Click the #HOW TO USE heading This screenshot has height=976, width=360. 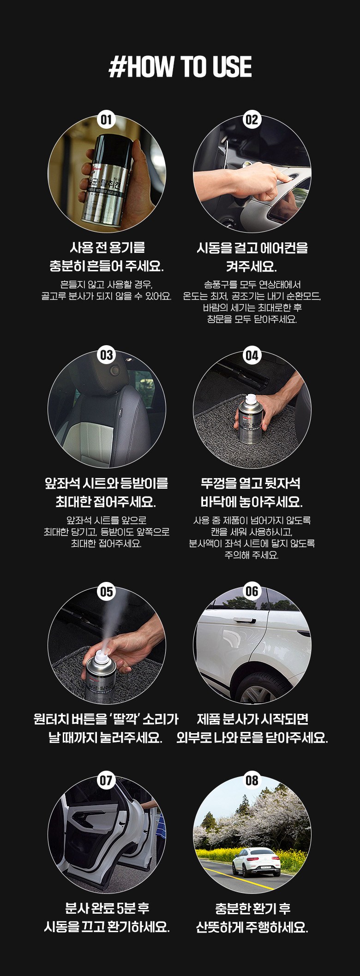[180, 67]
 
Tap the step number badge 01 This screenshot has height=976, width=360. [107, 120]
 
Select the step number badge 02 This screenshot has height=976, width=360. [252, 120]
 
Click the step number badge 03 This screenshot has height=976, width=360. [107, 355]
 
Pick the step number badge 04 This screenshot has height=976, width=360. [252, 355]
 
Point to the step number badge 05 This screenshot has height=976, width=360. [107, 591]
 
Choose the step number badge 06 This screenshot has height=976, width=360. [252, 591]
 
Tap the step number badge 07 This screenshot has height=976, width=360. [107, 780]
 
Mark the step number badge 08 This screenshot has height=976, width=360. [252, 780]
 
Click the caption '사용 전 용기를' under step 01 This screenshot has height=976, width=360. [107, 248]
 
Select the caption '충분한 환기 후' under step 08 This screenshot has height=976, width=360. [252, 909]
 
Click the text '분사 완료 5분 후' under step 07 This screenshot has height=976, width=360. [107, 909]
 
